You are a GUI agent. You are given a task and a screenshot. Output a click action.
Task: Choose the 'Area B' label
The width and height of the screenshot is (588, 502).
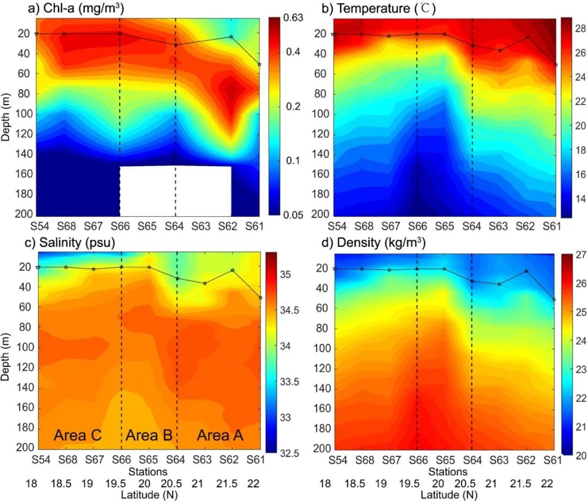149,435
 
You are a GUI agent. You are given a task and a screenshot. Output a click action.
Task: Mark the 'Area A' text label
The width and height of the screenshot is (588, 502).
220,435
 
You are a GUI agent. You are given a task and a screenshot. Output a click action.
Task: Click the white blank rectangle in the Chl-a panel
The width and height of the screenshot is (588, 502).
175,191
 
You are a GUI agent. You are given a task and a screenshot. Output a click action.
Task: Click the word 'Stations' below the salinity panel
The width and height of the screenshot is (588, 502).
148,470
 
